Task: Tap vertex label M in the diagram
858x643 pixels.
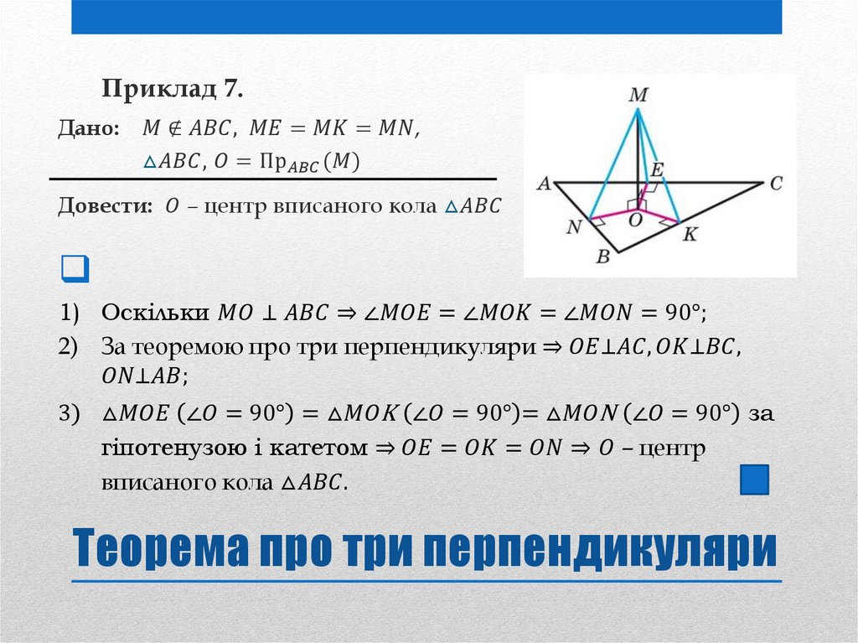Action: pos(638,96)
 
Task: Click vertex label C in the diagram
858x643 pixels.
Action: pos(776,183)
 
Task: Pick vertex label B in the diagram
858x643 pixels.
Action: pos(602,257)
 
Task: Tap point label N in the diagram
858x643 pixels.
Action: pos(574,227)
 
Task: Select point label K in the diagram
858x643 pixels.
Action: pos(690,235)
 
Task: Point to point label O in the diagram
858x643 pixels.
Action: pos(634,220)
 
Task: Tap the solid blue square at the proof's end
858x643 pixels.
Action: pos(755,480)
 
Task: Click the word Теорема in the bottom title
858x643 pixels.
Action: pos(159,549)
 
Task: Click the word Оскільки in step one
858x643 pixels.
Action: pos(154,313)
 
